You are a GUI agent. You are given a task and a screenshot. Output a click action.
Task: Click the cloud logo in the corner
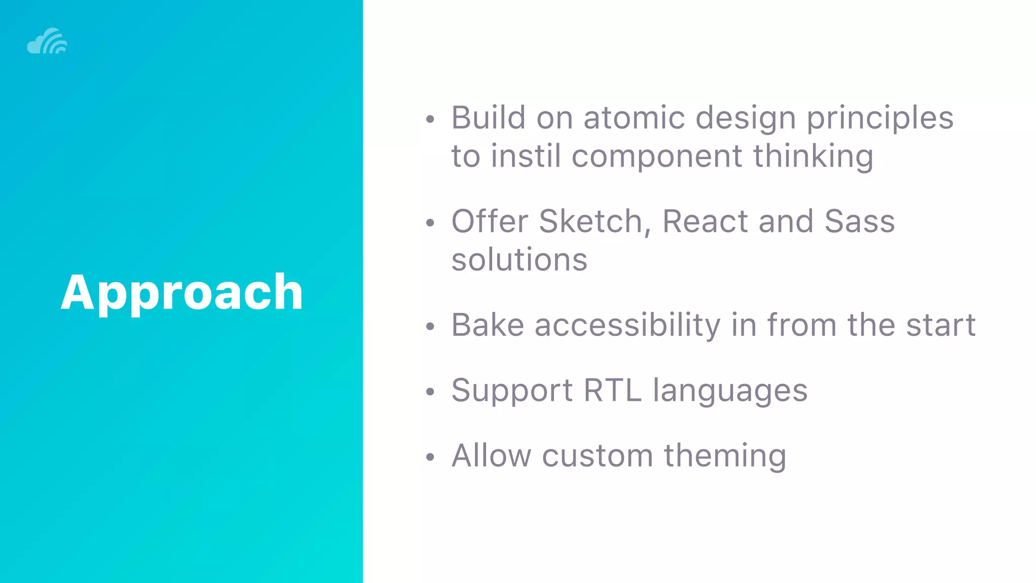(47, 41)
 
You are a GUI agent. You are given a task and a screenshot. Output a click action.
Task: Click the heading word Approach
(182, 292)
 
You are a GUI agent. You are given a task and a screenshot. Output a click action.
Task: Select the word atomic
(634, 118)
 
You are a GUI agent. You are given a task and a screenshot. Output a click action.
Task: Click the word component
(657, 157)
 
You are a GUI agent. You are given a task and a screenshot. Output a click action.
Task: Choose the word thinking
(813, 157)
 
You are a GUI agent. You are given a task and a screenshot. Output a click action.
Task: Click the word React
(705, 221)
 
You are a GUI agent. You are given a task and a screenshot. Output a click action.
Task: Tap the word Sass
(859, 221)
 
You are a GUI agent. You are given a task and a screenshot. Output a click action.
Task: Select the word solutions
(519, 260)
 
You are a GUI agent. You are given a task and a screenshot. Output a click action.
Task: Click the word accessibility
(627, 325)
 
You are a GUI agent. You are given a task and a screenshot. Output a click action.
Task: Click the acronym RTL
(612, 390)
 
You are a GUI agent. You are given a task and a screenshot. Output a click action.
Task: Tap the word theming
(725, 456)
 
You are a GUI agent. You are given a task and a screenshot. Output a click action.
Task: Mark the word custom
(597, 455)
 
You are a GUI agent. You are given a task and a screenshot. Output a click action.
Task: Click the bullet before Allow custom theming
(430, 457)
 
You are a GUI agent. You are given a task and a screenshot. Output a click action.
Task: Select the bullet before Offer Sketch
(430, 223)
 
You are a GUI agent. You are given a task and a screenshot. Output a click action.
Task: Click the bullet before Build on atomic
(430, 119)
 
